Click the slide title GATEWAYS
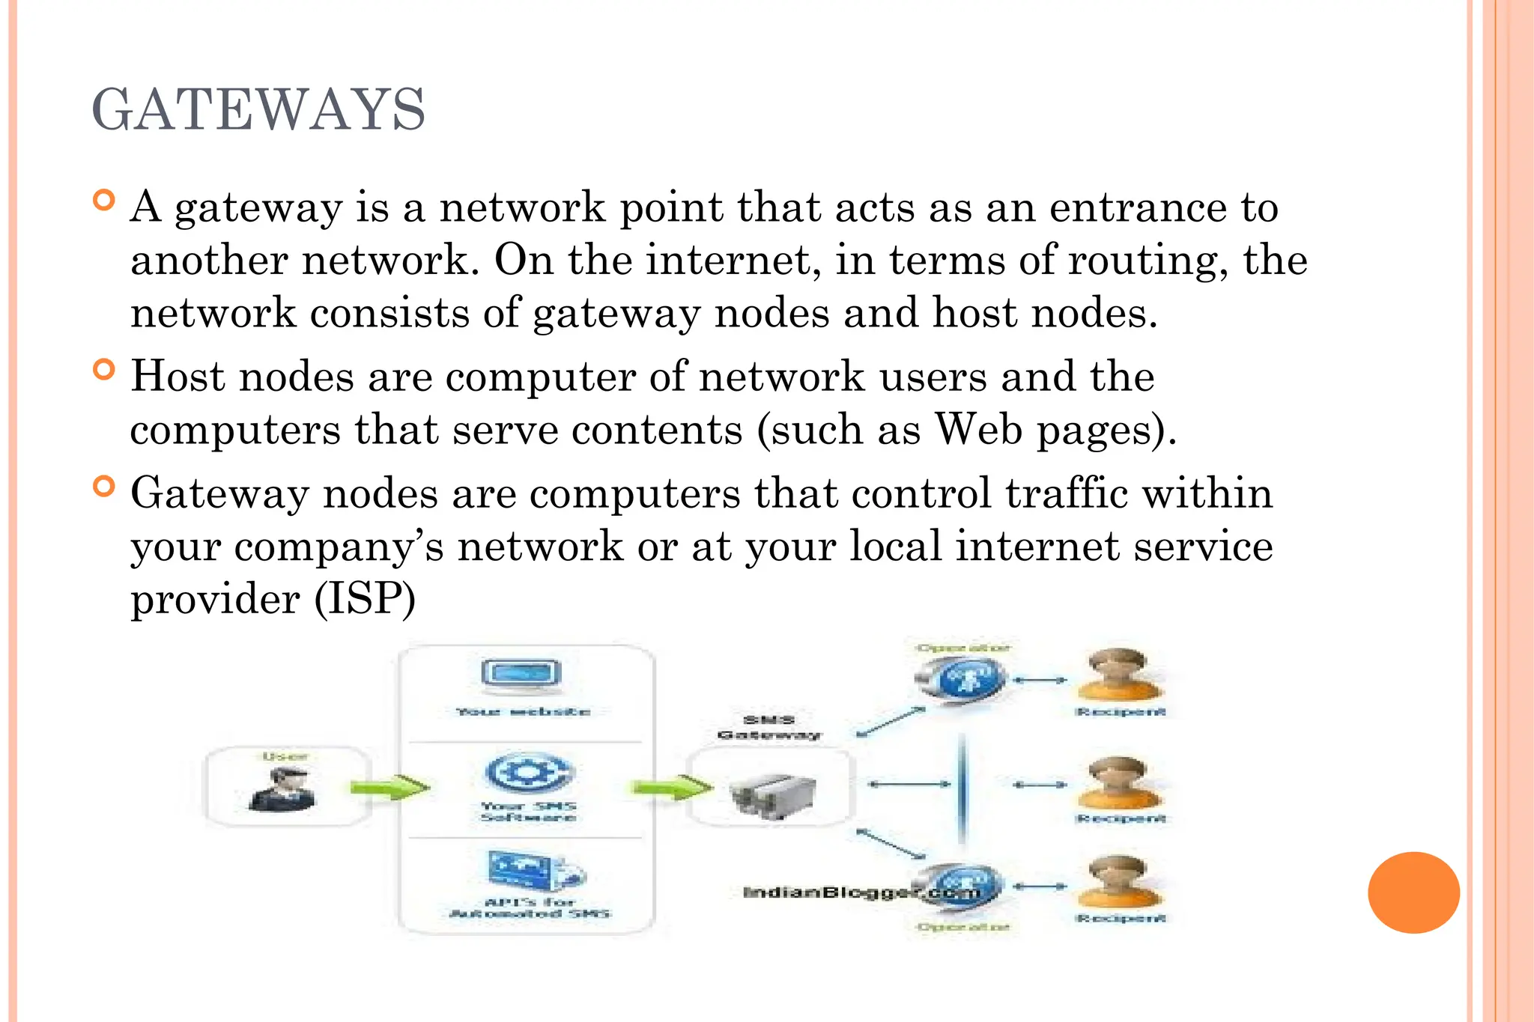[x=258, y=110]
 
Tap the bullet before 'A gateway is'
[x=104, y=200]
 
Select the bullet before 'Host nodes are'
[x=104, y=370]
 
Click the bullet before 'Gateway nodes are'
[x=104, y=487]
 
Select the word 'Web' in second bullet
[x=978, y=431]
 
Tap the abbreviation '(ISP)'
[x=365, y=599]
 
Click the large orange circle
[x=1413, y=892]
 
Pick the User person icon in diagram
[x=282, y=791]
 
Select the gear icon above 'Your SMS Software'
[x=529, y=773]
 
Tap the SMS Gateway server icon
[x=772, y=796]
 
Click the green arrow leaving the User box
[x=388, y=787]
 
